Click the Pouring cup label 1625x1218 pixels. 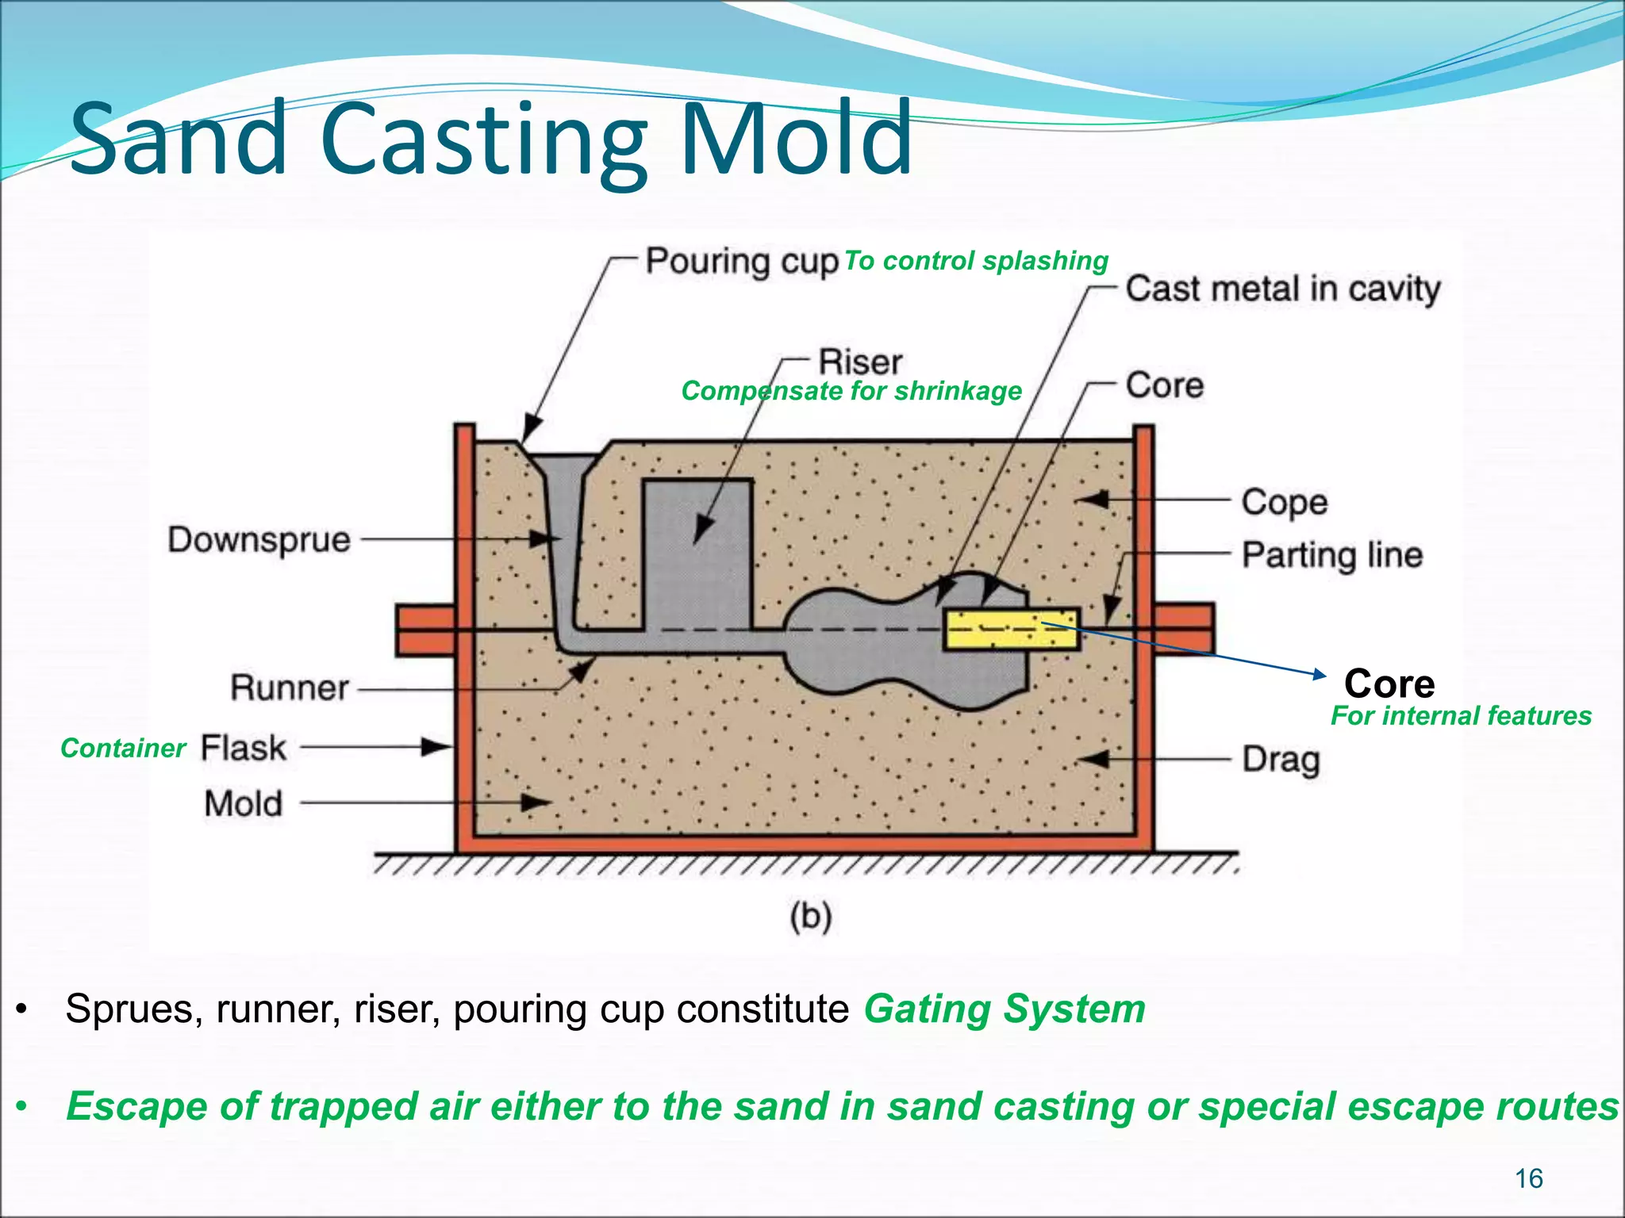(741, 262)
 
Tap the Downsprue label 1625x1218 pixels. (259, 541)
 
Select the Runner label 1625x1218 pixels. (289, 688)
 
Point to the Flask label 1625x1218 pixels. (243, 748)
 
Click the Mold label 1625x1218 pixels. (243, 803)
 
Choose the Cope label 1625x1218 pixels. (1284, 502)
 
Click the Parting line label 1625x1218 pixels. (1331, 555)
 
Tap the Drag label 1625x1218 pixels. (1281, 760)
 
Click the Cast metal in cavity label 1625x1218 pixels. (1282, 289)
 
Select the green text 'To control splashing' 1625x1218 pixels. (975, 261)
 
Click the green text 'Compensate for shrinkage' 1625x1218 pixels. (851, 391)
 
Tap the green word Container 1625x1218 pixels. (123, 748)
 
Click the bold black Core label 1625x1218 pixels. (1389, 684)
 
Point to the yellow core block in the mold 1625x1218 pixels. (1011, 630)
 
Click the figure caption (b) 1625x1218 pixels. (810, 917)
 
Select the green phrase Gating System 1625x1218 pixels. (1005, 1009)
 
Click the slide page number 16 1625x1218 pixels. (1528, 1179)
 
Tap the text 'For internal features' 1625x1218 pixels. (1461, 716)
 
